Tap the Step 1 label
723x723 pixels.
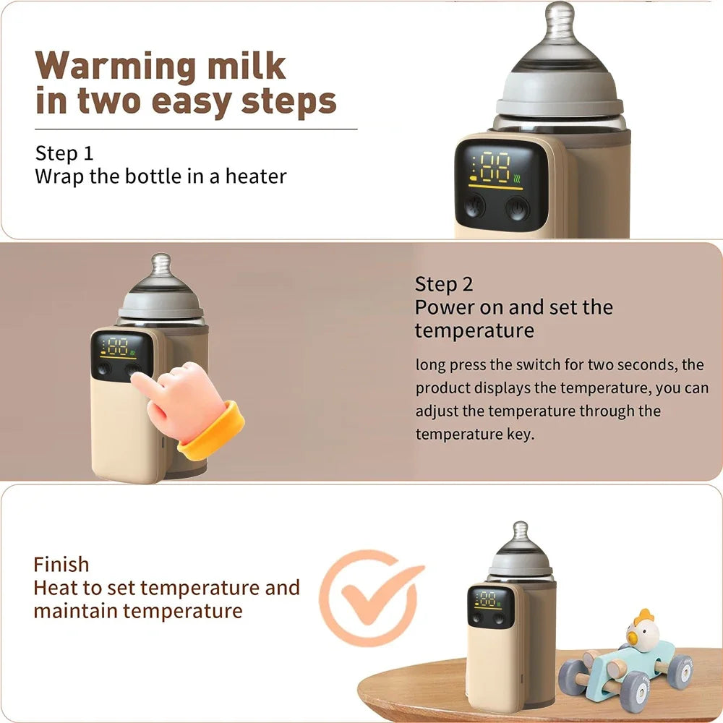coord(64,153)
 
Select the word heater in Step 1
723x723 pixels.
coord(256,176)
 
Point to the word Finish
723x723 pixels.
coord(61,564)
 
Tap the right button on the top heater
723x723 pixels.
coord(516,209)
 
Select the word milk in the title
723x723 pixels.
coord(247,67)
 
